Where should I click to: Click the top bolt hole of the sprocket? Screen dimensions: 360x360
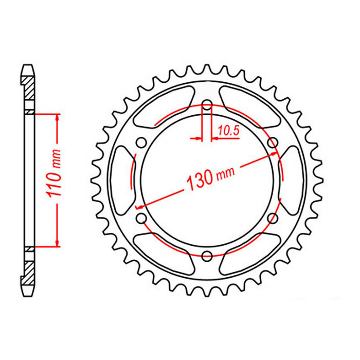click(x=207, y=106)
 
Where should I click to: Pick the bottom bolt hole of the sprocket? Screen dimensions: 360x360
click(x=207, y=256)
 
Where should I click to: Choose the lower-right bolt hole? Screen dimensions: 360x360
click(x=272, y=219)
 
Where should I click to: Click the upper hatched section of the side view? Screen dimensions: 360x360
click(x=30, y=91)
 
